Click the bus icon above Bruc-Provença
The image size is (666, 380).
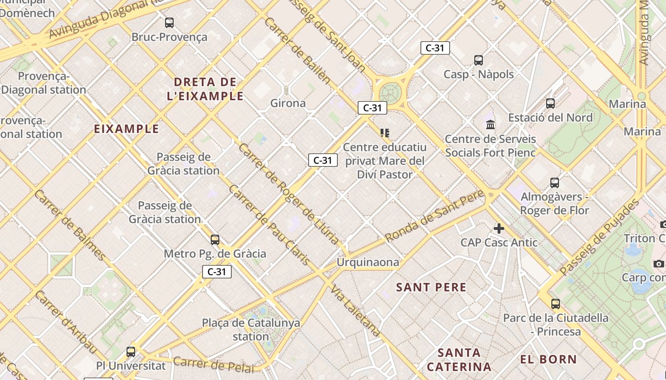pos(169,22)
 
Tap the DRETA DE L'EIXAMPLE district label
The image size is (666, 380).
pos(205,89)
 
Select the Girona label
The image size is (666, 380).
pos(288,103)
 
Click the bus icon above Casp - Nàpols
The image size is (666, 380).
pos(479,60)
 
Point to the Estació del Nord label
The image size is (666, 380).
pos(550,117)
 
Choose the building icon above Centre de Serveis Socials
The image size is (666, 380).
pos(490,125)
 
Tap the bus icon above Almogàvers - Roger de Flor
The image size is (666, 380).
pos(554,182)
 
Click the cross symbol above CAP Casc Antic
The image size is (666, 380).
pos(499,228)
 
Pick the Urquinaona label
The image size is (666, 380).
pos(368,262)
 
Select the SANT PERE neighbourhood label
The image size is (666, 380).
pos(431,287)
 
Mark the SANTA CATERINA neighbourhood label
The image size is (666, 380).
pos(459,360)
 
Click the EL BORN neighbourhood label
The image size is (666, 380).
pos(548,359)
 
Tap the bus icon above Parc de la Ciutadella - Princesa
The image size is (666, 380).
pos(555,304)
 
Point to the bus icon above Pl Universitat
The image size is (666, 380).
pos(131,352)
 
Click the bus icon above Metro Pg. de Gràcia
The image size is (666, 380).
pos(215,240)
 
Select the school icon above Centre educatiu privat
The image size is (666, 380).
pos(384,133)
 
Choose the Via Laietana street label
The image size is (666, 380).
pos(356,312)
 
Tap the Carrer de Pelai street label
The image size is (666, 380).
pos(214,364)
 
